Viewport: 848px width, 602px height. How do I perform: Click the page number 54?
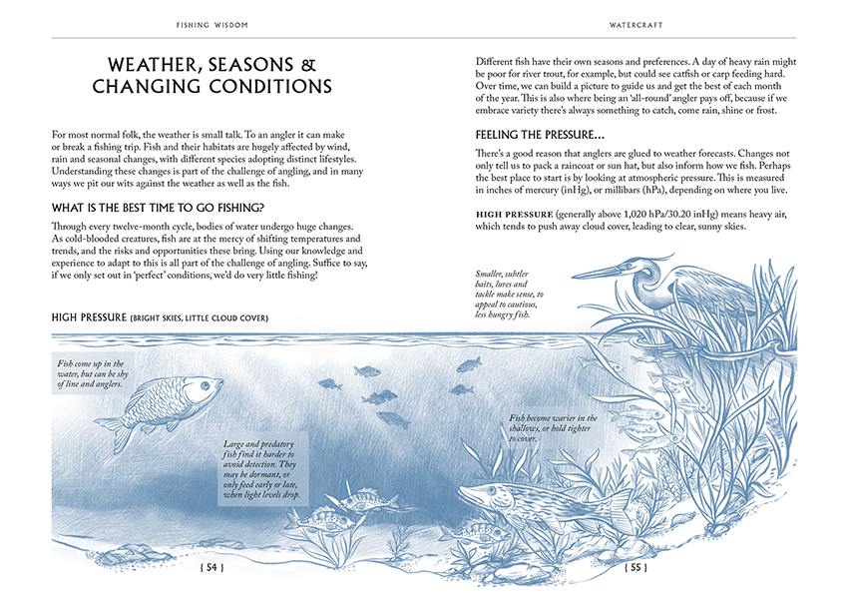[212, 568]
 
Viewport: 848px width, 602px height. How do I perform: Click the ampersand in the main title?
[307, 65]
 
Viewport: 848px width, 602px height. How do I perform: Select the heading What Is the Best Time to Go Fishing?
[157, 208]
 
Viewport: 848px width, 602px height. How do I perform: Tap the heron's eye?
[636, 266]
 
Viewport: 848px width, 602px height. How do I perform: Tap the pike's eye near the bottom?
[490, 491]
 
